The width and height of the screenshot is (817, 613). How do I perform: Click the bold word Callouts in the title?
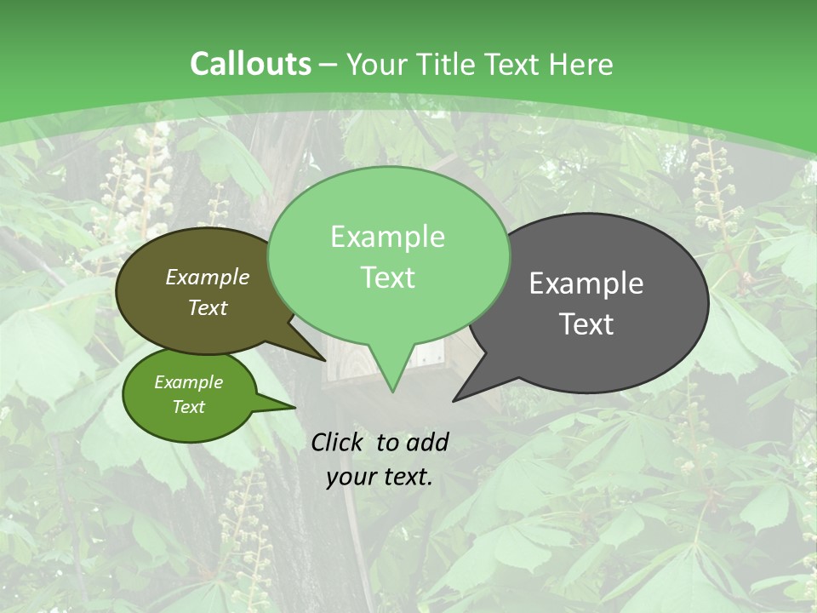pos(250,64)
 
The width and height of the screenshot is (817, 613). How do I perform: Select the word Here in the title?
pos(581,64)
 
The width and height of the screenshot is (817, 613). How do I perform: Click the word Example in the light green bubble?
pos(387,237)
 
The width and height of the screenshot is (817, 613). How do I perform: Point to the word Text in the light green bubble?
pos(387,278)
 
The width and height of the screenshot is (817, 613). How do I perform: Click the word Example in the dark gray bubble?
pos(586,284)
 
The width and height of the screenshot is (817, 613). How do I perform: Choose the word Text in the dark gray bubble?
pos(586,324)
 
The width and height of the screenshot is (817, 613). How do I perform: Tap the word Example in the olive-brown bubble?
pos(208,277)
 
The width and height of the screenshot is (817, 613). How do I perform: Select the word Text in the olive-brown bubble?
pos(208,307)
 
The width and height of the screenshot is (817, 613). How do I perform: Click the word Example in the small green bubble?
pos(188,382)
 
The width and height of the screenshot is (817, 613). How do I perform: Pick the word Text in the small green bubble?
pos(188,407)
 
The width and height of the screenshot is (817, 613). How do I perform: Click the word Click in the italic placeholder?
pos(339,442)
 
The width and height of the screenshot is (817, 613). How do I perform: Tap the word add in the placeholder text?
pos(427,442)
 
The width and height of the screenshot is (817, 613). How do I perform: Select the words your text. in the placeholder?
pos(380,478)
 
